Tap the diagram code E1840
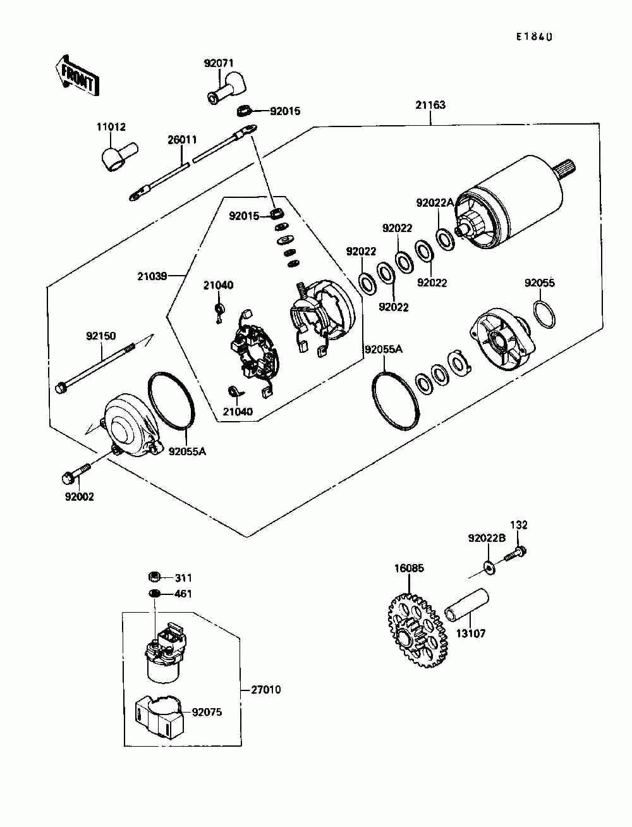tap(534, 37)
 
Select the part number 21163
tap(430, 105)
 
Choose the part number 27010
tap(265, 690)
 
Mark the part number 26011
tap(182, 139)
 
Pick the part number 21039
tap(152, 276)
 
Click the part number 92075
tap(207, 712)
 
